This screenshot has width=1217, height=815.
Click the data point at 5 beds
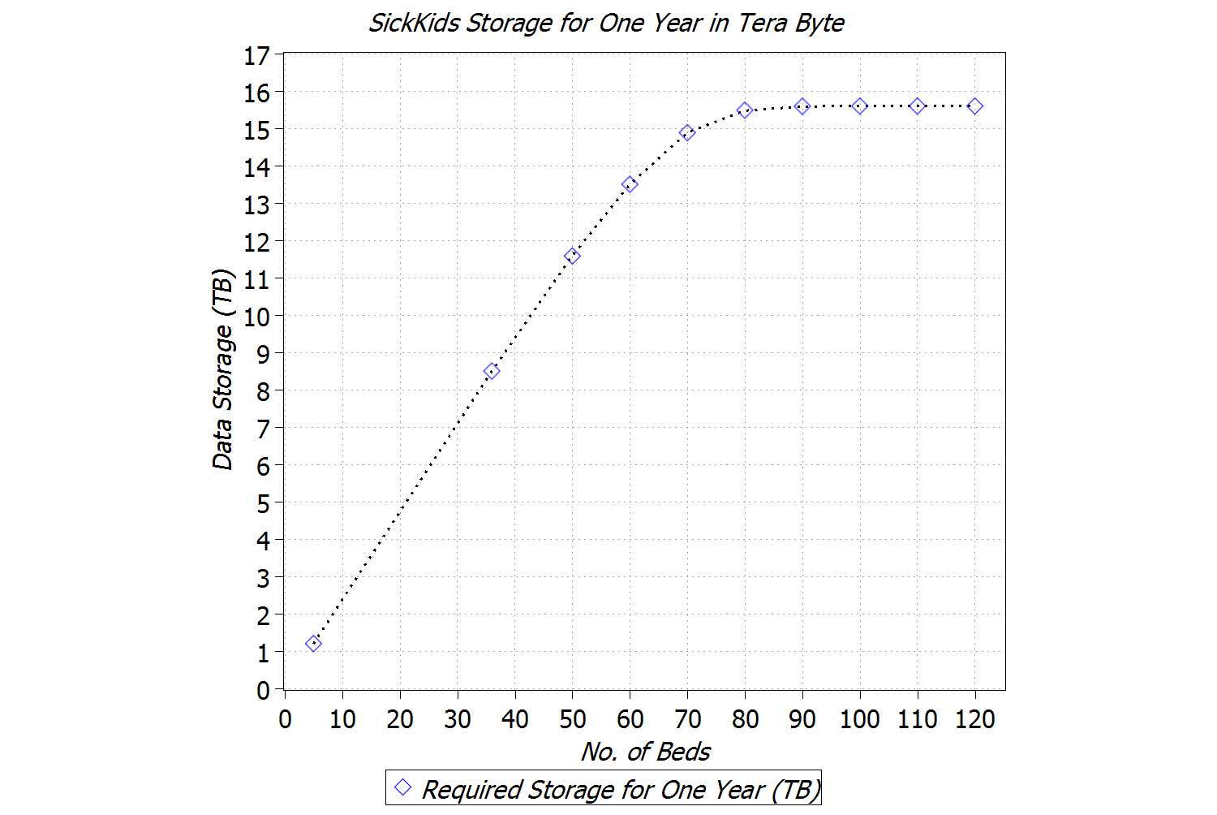pos(313,644)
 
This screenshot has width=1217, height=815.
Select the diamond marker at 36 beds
pos(491,371)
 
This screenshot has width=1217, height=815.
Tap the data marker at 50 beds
pos(572,256)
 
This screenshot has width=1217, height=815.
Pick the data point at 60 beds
pos(630,185)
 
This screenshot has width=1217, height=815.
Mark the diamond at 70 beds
pos(687,132)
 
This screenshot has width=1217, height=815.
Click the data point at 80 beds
pos(745,110)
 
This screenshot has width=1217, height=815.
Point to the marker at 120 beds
pos(975,106)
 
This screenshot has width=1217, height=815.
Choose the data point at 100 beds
pos(860,106)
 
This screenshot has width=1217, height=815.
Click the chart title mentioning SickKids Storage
pos(606,23)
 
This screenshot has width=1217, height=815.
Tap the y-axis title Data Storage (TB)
pos(222,369)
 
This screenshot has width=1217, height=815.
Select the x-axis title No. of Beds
pos(645,752)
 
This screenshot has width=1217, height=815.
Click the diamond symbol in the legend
pos(402,787)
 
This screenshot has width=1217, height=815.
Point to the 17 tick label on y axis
pos(257,56)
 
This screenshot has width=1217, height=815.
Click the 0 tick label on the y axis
pos(263,691)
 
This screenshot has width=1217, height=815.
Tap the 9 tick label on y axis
pos(263,354)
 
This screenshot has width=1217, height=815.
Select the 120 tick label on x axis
pos(974,719)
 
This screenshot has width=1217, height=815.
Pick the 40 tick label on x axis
pos(514,719)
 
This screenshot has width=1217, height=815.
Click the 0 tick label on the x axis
pos(285,719)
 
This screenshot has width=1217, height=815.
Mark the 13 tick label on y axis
pos(257,205)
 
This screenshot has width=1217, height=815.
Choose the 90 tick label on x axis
pos(802,719)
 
